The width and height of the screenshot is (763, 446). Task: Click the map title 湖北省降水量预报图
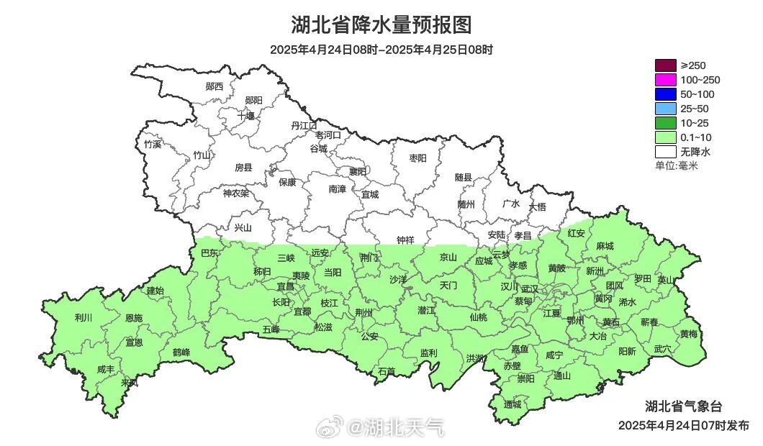(381, 25)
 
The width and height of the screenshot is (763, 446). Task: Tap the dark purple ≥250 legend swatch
(666, 65)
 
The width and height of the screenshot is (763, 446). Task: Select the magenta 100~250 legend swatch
(666, 80)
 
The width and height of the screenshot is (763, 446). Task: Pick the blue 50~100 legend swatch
(666, 94)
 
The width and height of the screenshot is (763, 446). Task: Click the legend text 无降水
(695, 152)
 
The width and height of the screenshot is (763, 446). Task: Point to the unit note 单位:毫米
(677, 166)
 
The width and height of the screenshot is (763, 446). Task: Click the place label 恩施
(134, 318)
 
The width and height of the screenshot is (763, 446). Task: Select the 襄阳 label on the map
(358, 171)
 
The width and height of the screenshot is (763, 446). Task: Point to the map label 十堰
(246, 115)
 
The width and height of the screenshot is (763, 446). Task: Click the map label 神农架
(235, 193)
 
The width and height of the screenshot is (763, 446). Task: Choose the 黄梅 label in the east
(689, 334)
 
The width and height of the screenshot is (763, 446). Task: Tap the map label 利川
(83, 317)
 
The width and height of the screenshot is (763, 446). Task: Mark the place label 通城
(513, 404)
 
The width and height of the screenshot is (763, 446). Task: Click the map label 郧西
(215, 86)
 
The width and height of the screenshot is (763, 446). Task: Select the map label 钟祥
(406, 240)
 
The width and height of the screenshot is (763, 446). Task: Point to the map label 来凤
(130, 382)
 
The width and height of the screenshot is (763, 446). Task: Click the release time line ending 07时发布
(683, 425)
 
